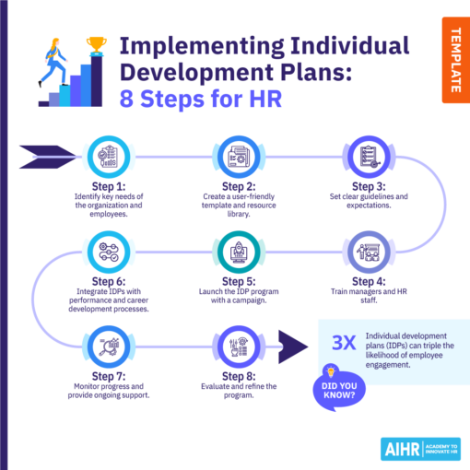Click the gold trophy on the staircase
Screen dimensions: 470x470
click(x=94, y=43)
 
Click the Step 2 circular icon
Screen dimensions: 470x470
click(x=235, y=157)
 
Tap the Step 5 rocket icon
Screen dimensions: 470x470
click(x=235, y=249)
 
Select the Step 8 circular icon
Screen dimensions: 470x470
click(x=235, y=346)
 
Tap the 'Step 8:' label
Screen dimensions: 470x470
click(x=235, y=375)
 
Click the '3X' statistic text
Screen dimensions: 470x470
click(x=343, y=343)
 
